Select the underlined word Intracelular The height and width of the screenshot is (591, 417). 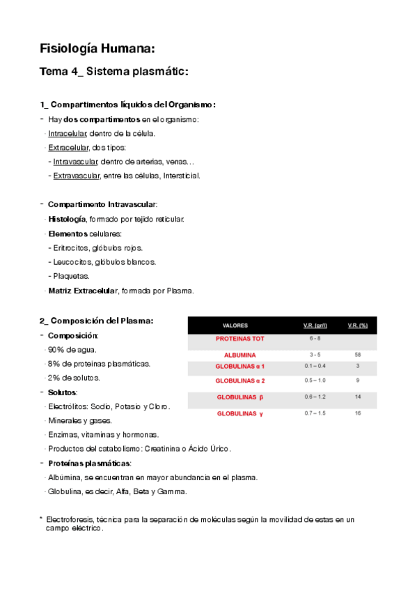68,133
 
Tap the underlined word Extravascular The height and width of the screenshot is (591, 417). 77,176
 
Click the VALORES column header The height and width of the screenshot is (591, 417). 235,325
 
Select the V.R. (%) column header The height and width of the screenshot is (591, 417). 357,325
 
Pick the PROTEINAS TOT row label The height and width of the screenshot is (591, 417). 239,339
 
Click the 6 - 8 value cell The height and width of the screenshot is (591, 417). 315,339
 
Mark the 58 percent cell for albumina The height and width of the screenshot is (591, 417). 357,355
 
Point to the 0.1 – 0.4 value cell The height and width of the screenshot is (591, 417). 315,366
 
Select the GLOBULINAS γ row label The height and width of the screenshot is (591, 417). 240,413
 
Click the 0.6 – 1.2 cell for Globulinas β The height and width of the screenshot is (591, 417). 315,397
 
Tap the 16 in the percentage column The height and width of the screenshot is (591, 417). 357,413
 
